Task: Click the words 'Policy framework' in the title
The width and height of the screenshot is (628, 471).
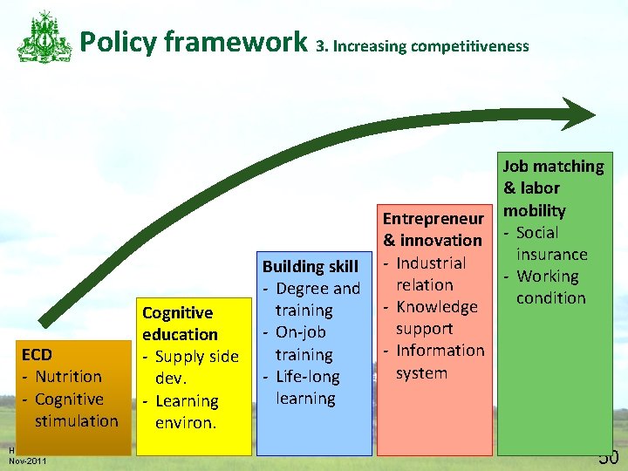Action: coord(194,41)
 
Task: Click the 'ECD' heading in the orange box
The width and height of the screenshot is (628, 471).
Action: coord(37,354)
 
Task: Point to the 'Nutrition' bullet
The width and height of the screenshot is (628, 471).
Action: coord(68,377)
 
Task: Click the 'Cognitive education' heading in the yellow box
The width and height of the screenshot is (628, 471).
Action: coord(180,324)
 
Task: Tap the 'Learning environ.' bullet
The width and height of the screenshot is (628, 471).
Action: coord(186,412)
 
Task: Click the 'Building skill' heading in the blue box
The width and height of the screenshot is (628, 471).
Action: coord(310,266)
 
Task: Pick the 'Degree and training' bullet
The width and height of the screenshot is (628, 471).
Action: coord(316,299)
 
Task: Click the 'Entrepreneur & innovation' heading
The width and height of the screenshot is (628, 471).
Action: coord(433,229)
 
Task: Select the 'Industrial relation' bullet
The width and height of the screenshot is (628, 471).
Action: coord(429,274)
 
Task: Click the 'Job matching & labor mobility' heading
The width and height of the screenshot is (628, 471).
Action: coord(553,188)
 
